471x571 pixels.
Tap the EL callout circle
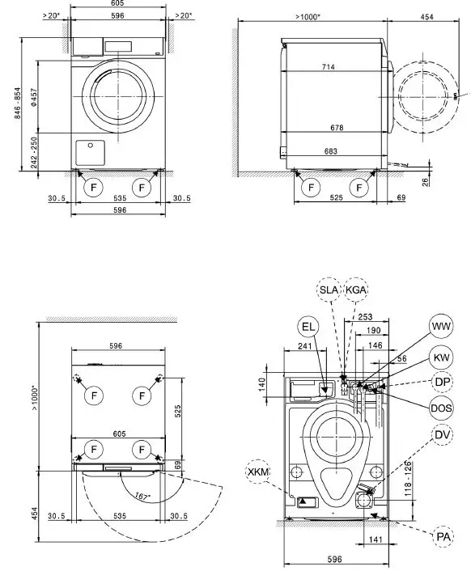[308, 328]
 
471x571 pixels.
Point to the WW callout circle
[441, 327]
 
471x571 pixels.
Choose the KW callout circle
[441, 357]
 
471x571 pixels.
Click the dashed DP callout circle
[441, 382]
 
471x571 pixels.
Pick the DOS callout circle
[441, 408]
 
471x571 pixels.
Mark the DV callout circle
[441, 435]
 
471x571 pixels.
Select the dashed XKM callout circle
[260, 471]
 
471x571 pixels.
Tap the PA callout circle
[442, 536]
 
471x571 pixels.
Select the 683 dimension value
[328, 150]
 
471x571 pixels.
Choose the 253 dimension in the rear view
[364, 318]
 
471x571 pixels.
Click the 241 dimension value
[304, 346]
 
